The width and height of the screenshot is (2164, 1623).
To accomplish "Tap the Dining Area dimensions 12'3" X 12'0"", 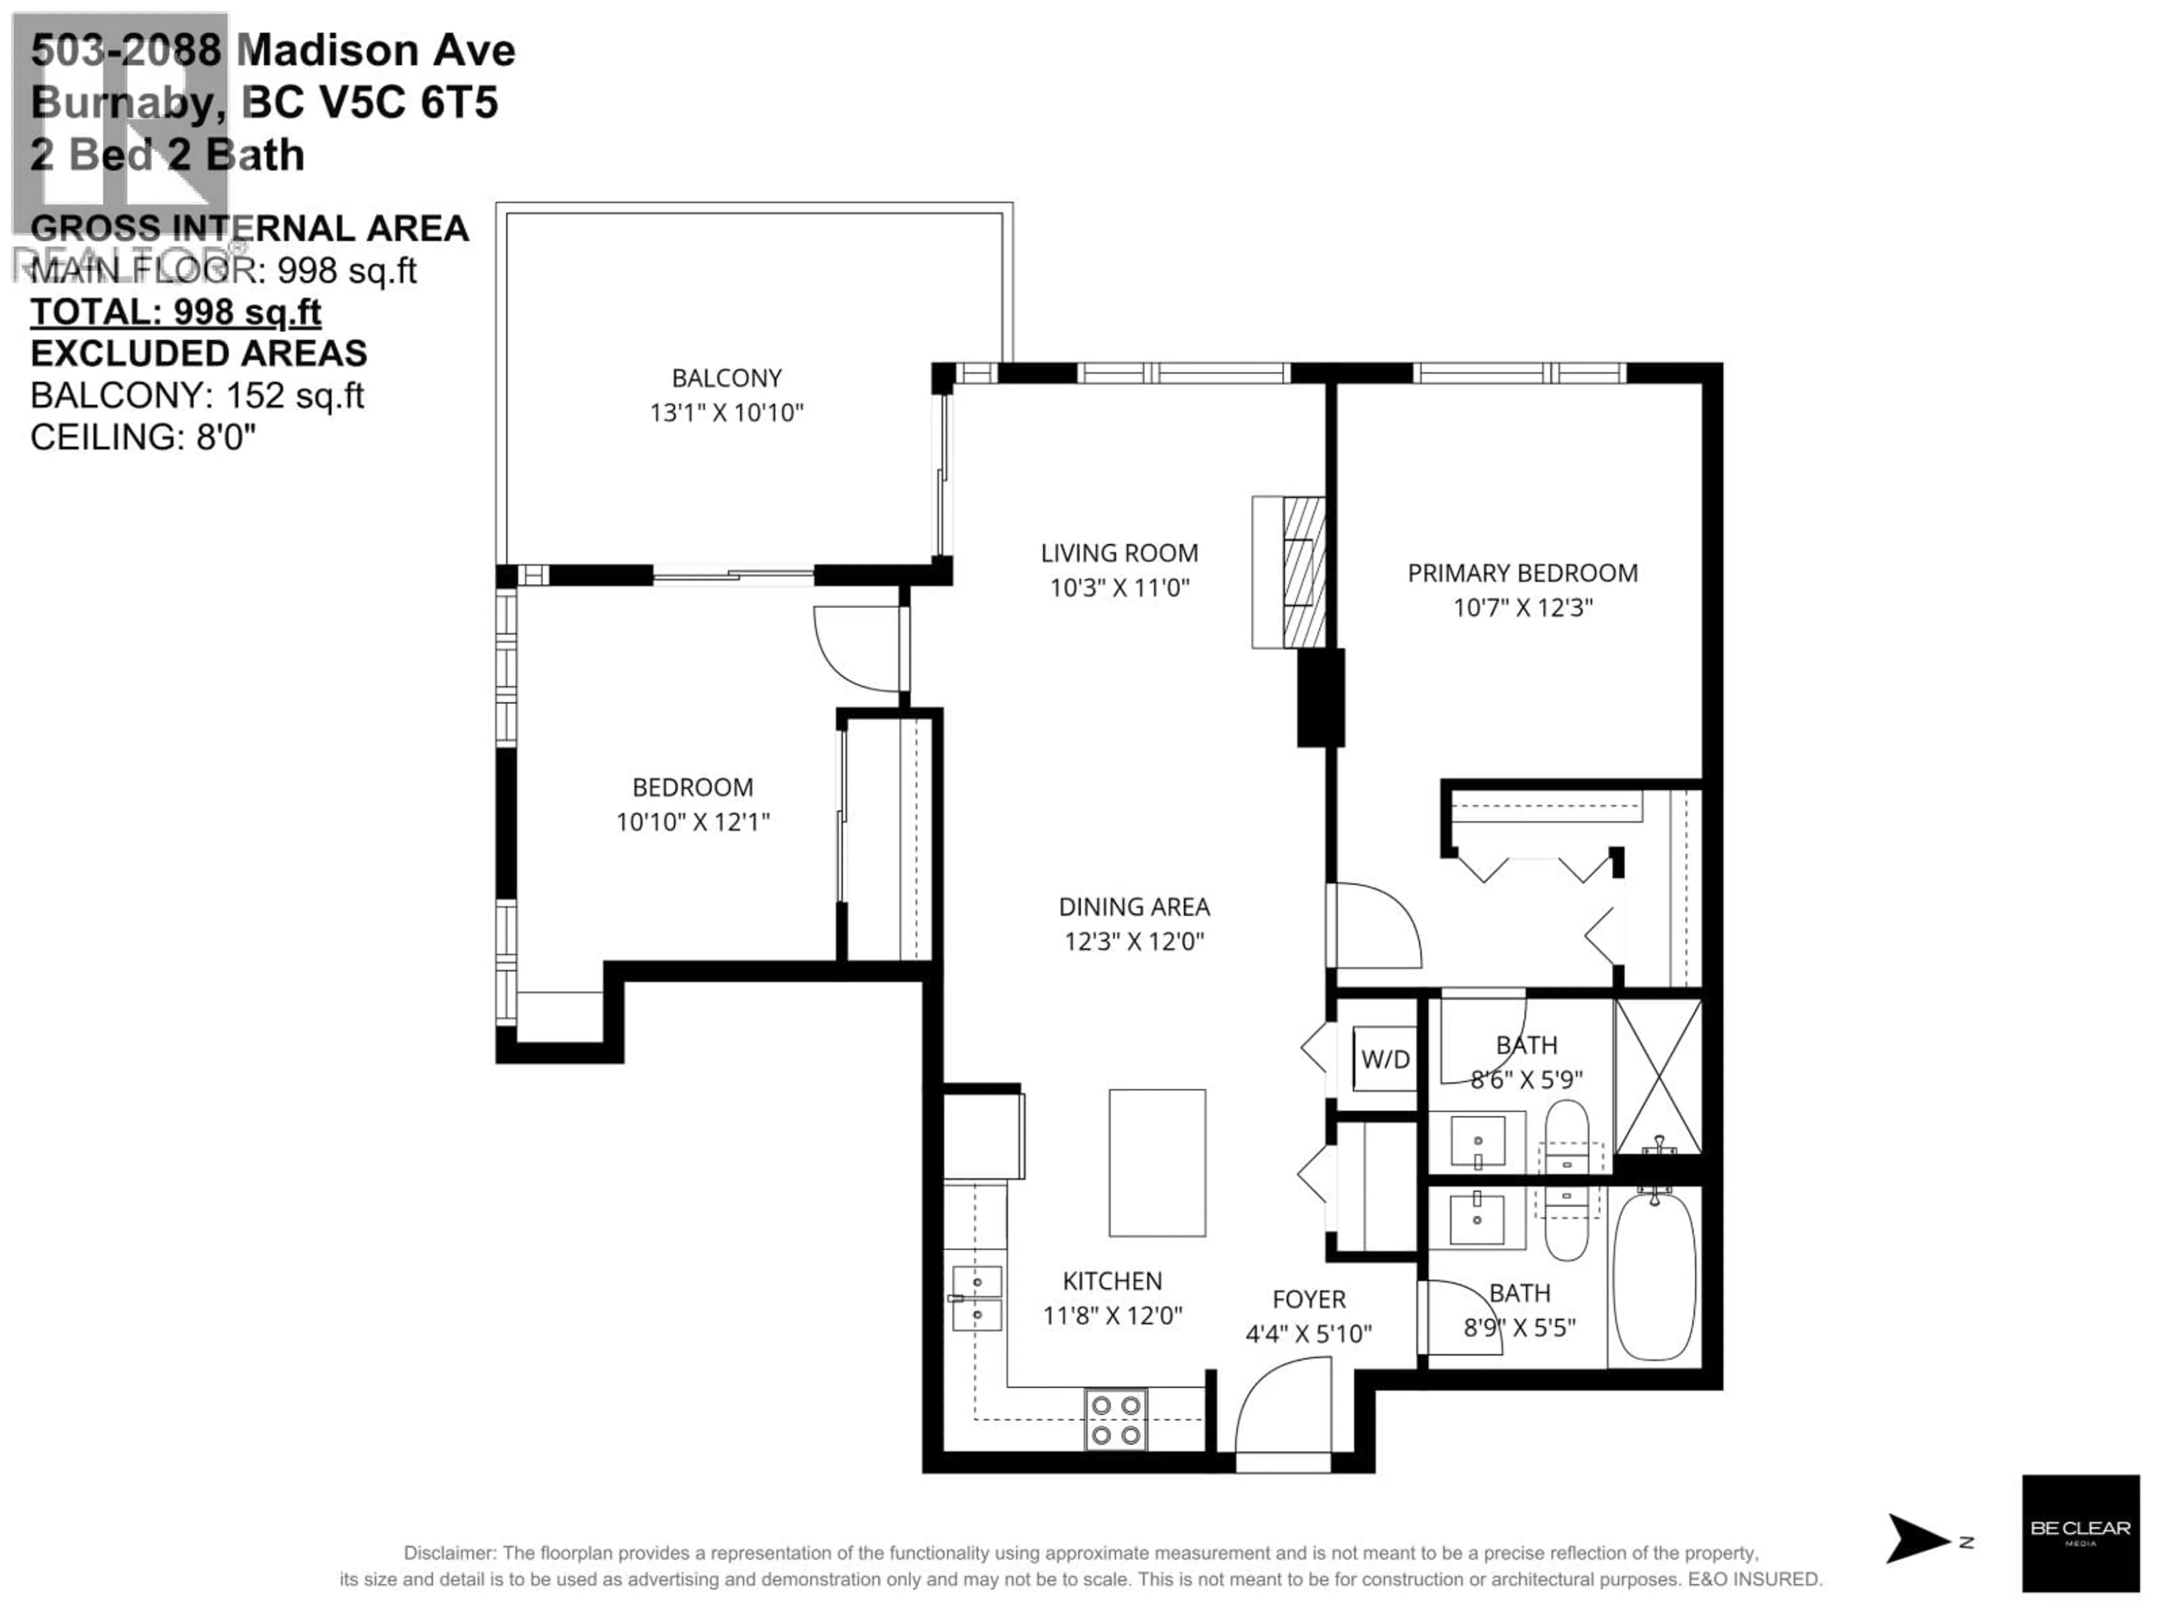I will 1134,941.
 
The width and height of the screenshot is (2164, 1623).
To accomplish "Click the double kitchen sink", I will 977,1298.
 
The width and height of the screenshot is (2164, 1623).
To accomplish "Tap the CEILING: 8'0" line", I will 143,436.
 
